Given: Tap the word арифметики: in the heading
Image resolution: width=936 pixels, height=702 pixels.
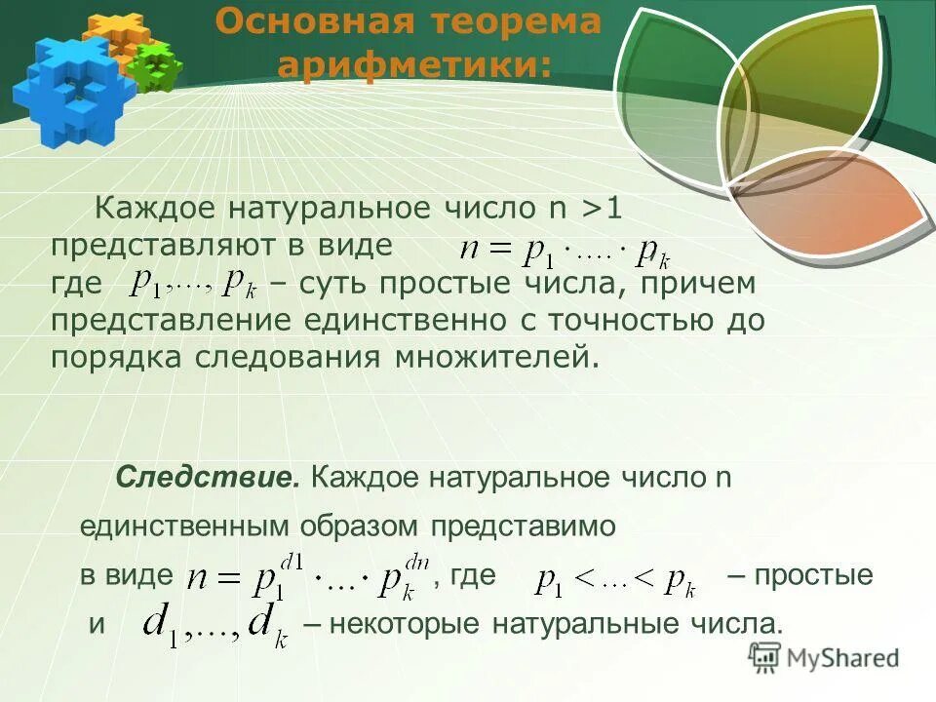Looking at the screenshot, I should [413, 65].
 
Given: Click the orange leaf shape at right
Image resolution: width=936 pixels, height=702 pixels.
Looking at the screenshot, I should [829, 200].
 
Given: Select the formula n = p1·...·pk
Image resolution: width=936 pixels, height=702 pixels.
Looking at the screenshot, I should [565, 252].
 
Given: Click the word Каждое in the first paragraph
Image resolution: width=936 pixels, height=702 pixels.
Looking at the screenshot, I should [155, 208].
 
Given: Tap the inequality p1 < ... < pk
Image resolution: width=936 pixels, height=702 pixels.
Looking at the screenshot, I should [615, 582].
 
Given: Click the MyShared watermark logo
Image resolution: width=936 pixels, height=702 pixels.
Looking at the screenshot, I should [824, 658].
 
